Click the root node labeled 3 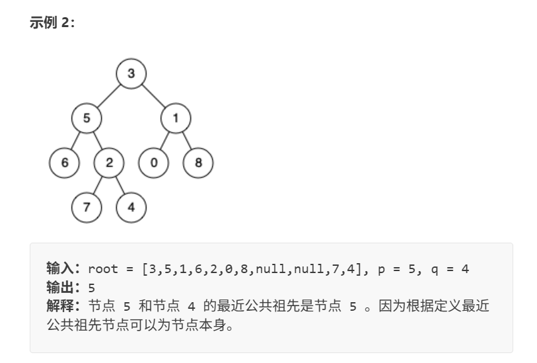click(x=131, y=73)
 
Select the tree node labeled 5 click(x=87, y=118)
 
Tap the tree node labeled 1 click(x=176, y=118)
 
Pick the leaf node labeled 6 click(x=64, y=163)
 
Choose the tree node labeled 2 click(x=109, y=163)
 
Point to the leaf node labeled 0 click(x=153, y=163)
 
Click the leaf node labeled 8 click(x=198, y=163)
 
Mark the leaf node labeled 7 click(x=87, y=207)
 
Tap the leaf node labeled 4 click(x=131, y=207)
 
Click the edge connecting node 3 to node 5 click(x=109, y=96)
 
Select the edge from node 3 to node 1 click(x=153, y=96)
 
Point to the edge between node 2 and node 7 click(x=98, y=185)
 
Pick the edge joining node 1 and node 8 click(x=187, y=141)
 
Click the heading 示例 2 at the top click(x=53, y=22)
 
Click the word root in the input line click(x=102, y=269)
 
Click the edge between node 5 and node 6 click(x=76, y=141)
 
